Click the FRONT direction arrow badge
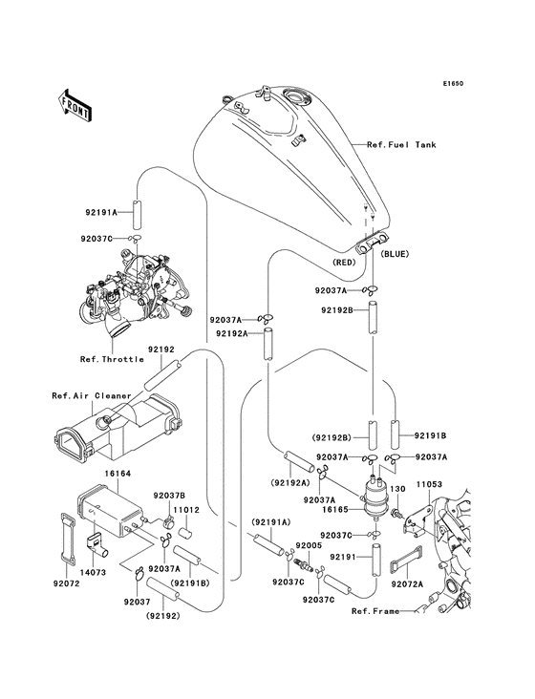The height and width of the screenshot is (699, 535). (x=75, y=105)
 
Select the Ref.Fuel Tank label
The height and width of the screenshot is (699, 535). (x=401, y=145)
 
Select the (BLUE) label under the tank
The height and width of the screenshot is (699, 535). (x=396, y=256)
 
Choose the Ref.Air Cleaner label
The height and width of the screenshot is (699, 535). (x=84, y=394)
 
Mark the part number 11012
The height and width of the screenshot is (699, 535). (x=185, y=510)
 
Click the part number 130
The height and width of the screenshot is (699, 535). (x=398, y=490)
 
